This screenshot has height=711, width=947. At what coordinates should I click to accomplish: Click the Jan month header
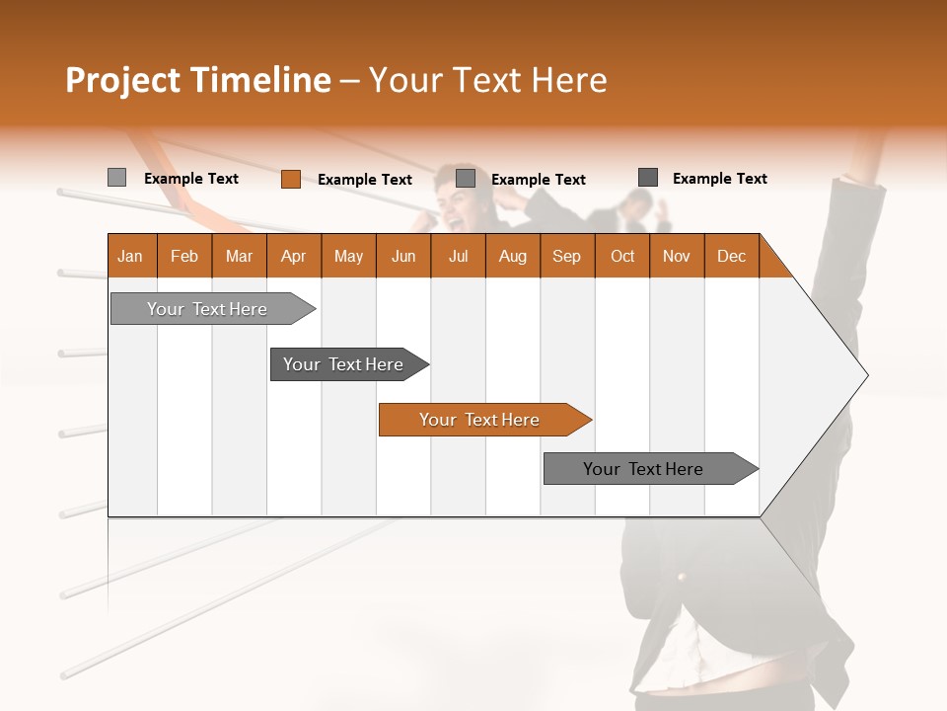(x=130, y=256)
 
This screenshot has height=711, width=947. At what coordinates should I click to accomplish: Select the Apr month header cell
(x=293, y=256)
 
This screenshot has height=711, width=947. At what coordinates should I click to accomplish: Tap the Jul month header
(x=458, y=256)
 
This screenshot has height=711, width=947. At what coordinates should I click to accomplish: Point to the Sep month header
(x=566, y=256)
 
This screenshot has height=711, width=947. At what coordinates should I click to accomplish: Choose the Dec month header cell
(x=731, y=256)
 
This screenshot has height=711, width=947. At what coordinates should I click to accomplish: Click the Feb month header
(x=184, y=256)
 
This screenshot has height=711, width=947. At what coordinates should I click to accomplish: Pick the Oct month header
(x=622, y=256)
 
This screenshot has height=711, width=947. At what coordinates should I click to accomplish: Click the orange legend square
(x=290, y=179)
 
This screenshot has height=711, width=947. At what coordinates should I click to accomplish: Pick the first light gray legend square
(x=116, y=178)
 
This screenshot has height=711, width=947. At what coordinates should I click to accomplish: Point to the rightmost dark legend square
(x=648, y=178)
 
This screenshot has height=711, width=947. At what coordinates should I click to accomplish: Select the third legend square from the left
(x=466, y=179)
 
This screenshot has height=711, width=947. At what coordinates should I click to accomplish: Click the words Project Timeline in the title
(x=198, y=80)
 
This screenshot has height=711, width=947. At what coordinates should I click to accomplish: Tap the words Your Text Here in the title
(x=488, y=80)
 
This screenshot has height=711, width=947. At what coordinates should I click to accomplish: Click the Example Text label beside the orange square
(x=365, y=180)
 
